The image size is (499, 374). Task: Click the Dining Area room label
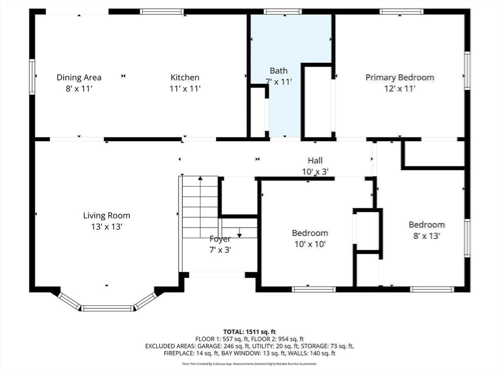tap(79, 77)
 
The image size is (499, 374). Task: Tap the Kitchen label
tap(185, 77)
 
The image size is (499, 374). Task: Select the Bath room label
tap(279, 71)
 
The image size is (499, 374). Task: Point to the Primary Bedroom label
tap(400, 77)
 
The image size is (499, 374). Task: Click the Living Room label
tap(107, 216)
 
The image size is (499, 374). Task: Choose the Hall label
tap(315, 161)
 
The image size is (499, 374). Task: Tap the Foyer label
tap(220, 239)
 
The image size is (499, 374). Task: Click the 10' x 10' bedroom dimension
tap(310, 244)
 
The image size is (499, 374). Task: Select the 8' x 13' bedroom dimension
tap(427, 236)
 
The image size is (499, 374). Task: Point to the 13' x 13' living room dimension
tap(107, 227)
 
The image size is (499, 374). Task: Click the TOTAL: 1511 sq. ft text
tap(249, 332)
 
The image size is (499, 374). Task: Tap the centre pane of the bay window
tap(107, 308)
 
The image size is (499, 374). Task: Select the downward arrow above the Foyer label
tap(239, 233)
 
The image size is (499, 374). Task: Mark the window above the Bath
tap(283, 12)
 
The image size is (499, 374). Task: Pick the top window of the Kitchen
tap(162, 12)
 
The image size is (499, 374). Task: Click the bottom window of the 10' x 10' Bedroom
tap(314, 289)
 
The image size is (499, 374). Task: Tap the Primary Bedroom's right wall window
tap(467, 71)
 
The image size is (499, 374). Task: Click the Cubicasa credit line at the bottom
tap(249, 364)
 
